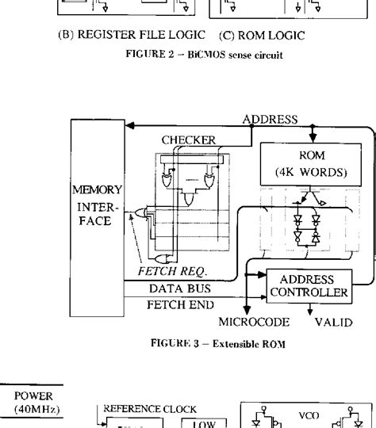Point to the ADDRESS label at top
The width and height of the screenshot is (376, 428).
pos(270,120)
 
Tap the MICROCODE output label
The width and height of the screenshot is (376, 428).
pos(251,323)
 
